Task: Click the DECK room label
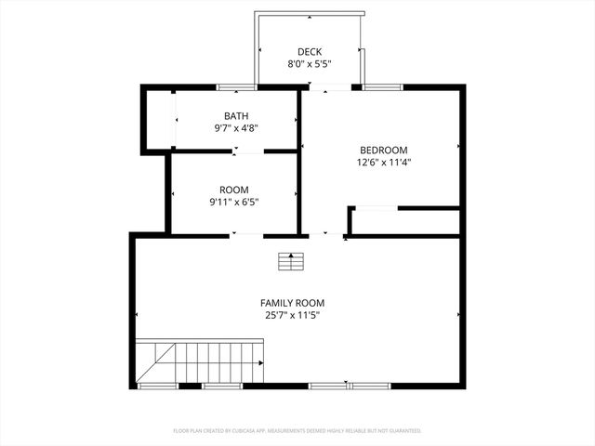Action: (x=309, y=51)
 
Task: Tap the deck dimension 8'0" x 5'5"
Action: (x=309, y=64)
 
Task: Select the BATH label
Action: (x=236, y=116)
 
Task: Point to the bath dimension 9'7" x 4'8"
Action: (x=236, y=129)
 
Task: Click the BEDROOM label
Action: (x=384, y=150)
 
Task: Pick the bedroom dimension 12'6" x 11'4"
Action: (x=384, y=162)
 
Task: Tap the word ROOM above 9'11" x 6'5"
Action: (x=234, y=189)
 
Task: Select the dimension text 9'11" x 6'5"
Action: (x=234, y=202)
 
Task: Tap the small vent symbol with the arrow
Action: (x=291, y=261)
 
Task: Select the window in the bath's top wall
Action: (x=237, y=87)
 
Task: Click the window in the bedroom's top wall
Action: (x=382, y=87)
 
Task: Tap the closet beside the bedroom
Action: (x=404, y=221)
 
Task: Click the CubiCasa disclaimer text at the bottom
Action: (x=297, y=431)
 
